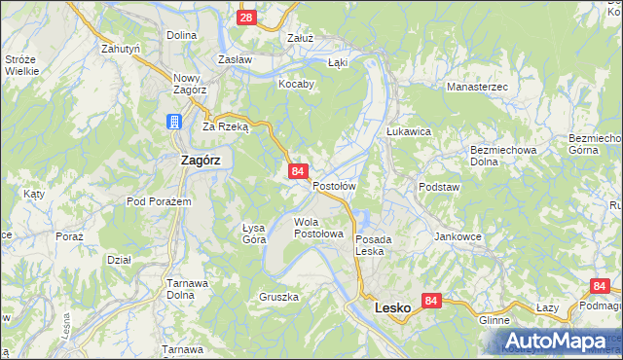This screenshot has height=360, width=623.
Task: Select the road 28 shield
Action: tap(246, 18)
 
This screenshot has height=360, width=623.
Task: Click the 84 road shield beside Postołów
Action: tap(298, 171)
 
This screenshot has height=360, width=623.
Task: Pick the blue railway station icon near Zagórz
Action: tap(172, 122)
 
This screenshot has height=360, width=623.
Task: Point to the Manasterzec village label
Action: tap(477, 88)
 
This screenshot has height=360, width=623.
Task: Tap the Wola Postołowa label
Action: tap(319, 228)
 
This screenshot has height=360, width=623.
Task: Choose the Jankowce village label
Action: tap(458, 236)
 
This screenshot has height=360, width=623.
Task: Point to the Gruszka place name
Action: tap(278, 297)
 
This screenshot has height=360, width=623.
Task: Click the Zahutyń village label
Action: tap(122, 47)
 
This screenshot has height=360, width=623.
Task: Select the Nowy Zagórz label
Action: tap(185, 83)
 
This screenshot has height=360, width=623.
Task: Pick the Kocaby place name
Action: tap(296, 84)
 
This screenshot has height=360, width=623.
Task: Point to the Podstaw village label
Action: tap(437, 186)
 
